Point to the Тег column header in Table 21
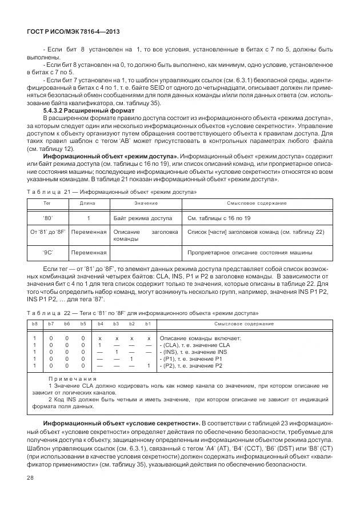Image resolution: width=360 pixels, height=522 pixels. (x=47, y=203)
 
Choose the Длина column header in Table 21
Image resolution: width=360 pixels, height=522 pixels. (x=87, y=203)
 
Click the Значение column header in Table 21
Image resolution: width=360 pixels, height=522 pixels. (x=146, y=203)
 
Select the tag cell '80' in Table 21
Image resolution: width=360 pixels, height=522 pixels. (x=47, y=218)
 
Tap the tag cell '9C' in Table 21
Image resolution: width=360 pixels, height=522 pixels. (x=47, y=252)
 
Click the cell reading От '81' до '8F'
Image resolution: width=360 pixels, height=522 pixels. (x=47, y=232)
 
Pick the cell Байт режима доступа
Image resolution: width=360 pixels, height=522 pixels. (x=142, y=218)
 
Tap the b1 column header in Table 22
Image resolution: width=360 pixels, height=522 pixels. (x=147, y=324)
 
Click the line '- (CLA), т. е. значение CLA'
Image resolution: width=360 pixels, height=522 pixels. (x=194, y=345)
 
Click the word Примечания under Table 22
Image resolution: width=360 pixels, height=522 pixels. (x=72, y=379)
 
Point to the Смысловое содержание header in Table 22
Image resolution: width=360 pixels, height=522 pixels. (x=244, y=324)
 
